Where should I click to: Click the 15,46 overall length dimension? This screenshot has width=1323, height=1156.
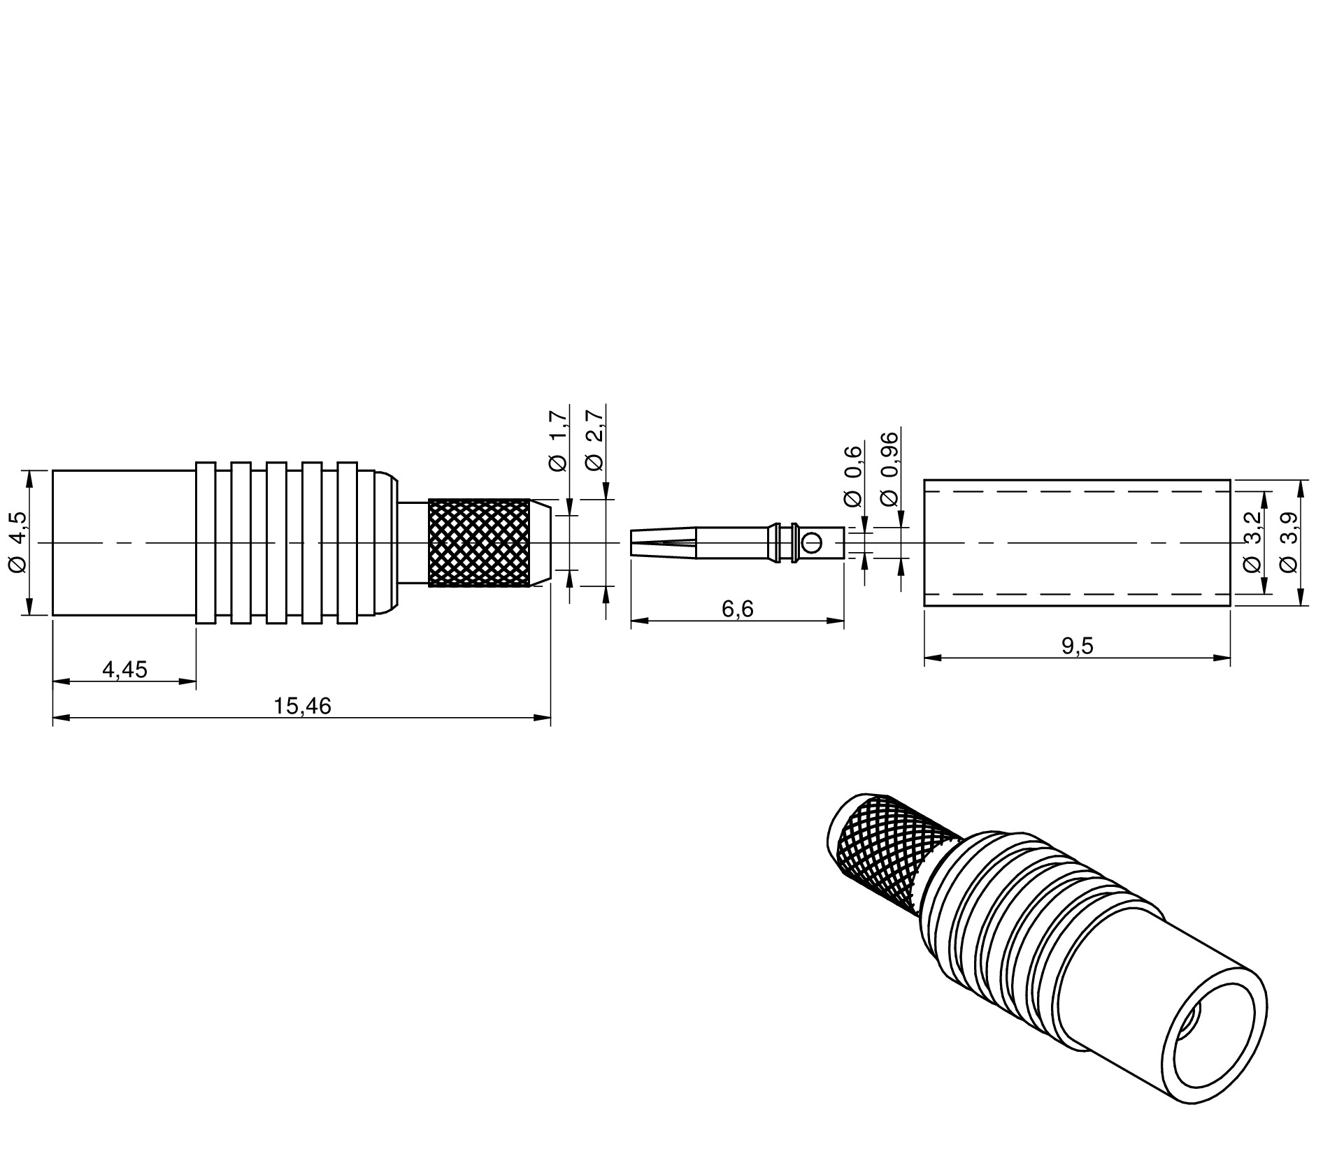(x=302, y=707)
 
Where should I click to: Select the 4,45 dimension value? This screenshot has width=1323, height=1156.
(x=125, y=670)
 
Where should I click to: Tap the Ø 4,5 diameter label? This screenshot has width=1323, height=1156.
(x=18, y=542)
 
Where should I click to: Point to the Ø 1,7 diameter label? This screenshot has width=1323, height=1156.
(x=558, y=442)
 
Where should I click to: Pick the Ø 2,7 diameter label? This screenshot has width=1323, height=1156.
(x=594, y=442)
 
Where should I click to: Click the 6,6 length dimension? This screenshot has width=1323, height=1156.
(x=738, y=609)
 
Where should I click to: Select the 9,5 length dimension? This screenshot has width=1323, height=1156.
(x=1077, y=646)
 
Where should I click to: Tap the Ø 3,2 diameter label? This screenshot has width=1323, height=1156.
(x=1252, y=542)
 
